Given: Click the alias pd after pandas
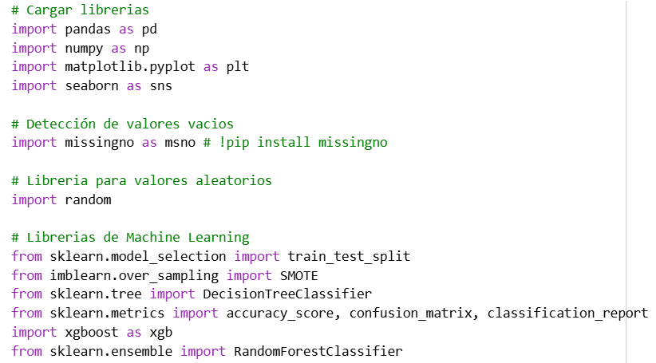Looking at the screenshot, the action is (149, 30).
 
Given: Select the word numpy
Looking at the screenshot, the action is (84, 49).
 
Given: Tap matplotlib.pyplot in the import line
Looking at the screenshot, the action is (130, 67).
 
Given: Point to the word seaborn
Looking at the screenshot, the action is (92, 85).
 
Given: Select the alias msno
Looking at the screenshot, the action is (180, 143).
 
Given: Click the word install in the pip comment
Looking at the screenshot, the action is (283, 142).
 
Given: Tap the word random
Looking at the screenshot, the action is (88, 199).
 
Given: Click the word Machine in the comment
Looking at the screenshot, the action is (153, 237).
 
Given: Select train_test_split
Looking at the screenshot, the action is (349, 257).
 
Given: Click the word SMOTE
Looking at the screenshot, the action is (299, 276).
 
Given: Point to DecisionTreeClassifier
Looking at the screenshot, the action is (287, 294).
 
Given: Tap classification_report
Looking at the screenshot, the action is (567, 314).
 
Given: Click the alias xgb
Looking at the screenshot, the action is (161, 333).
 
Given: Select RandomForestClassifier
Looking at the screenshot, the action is (318, 351).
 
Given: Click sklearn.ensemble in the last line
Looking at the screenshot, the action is (111, 351).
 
